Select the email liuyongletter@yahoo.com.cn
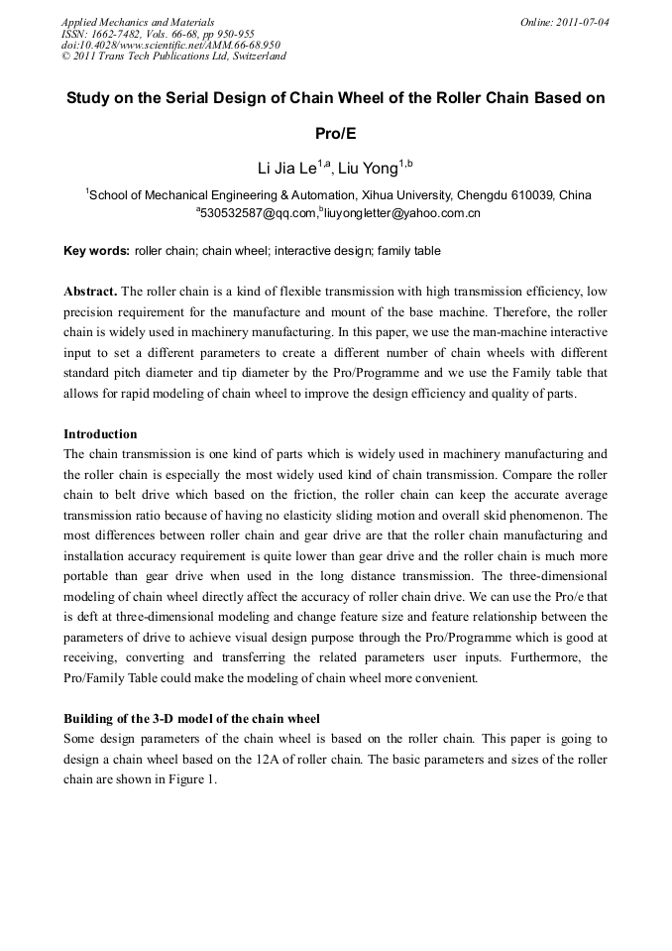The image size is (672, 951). pyautogui.click(x=401, y=212)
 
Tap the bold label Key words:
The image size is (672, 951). pyautogui.click(x=96, y=252)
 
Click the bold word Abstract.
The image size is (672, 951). pyautogui.click(x=90, y=292)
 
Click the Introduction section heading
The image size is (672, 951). pyautogui.click(x=100, y=433)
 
